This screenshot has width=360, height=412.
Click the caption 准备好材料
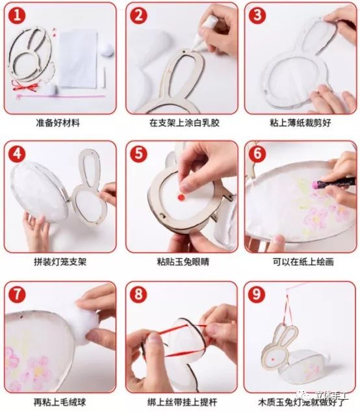[x=58, y=122]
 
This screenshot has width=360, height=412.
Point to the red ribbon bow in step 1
[x=26, y=86]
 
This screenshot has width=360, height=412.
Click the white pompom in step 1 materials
[x=105, y=47]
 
